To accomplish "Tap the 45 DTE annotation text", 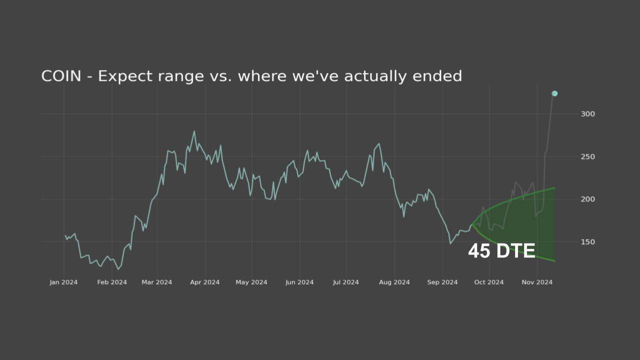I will (501, 251).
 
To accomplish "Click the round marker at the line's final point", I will (554, 93).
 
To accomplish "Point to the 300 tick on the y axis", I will (587, 114).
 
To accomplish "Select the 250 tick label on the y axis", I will (587, 157).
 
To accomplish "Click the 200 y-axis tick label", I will (587, 199).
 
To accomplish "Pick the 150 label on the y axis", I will (587, 242).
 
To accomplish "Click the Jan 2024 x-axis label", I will (63, 282).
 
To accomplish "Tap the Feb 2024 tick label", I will (112, 282).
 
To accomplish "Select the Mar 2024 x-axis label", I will (156, 282).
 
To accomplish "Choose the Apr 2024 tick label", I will (204, 282).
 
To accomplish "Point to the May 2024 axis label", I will (251, 282).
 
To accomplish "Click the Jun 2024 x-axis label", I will (299, 282).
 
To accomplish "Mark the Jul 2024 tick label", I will (346, 282).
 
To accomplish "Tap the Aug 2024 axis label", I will (394, 282).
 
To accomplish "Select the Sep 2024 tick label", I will (442, 282).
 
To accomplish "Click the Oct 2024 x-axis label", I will (489, 282).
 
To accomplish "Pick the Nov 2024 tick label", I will (537, 282).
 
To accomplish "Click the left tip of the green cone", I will (471, 224).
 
